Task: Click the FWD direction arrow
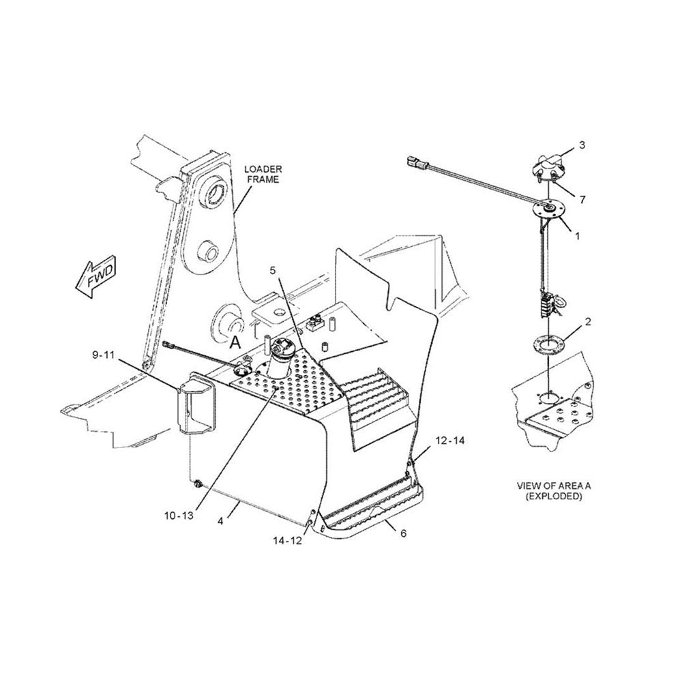95,277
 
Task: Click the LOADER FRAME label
264,174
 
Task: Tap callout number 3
582,145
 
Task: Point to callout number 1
577,236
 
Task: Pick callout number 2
589,320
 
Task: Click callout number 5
273,271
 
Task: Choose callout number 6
403,533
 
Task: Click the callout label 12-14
449,441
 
